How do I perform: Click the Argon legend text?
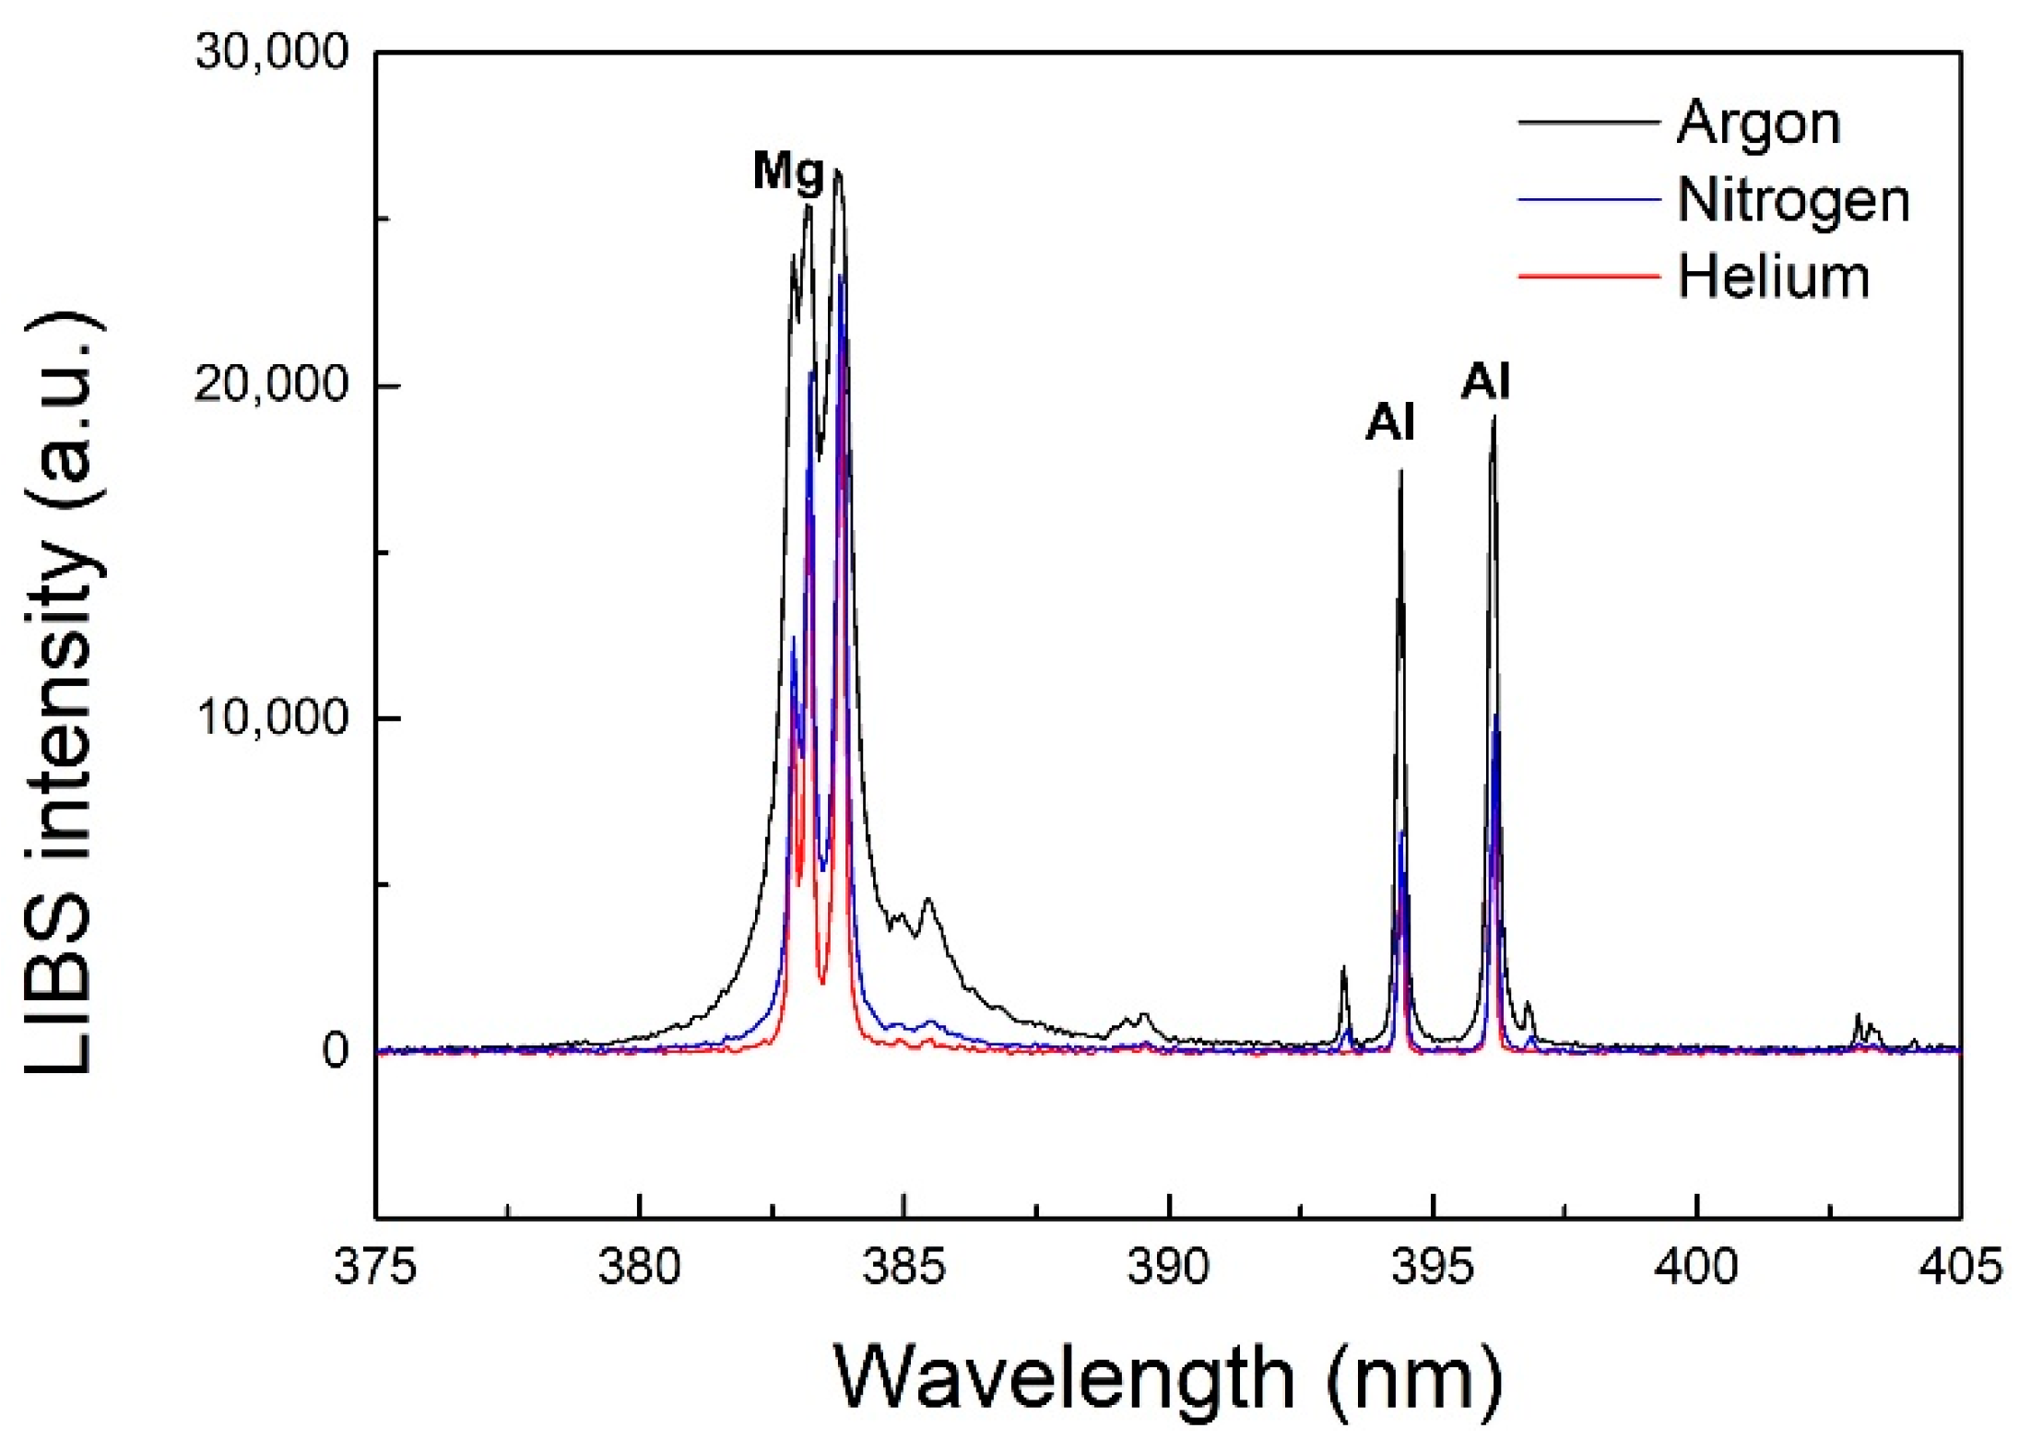pos(1757,123)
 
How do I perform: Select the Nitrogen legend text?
pos(1792,200)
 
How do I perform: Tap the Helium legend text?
pos(1772,277)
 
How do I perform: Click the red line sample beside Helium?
pos(1588,276)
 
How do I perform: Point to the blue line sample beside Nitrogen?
pos(1588,199)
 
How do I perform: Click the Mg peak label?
pos(788,172)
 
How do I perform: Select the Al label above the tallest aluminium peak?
pos(1485,381)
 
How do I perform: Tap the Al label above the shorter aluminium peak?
pos(1389,423)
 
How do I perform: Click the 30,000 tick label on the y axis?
pos(271,53)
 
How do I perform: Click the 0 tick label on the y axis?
pos(335,1049)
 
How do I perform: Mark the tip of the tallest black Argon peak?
pos(837,171)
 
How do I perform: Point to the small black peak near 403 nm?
pos(1858,1016)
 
